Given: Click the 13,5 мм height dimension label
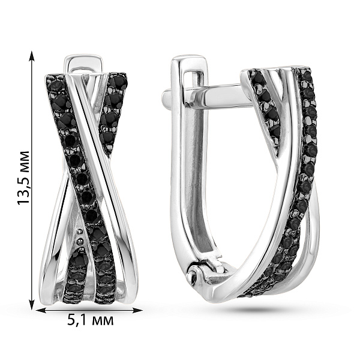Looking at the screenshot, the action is [x=23, y=178].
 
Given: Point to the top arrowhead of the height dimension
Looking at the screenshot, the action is [x=32, y=56].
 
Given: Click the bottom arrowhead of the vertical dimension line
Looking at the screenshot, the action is [x=32, y=302].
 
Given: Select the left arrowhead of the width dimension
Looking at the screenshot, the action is [x=42, y=310].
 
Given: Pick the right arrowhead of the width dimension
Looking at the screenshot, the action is [x=137, y=310].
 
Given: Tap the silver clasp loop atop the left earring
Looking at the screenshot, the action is [x=83, y=65].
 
